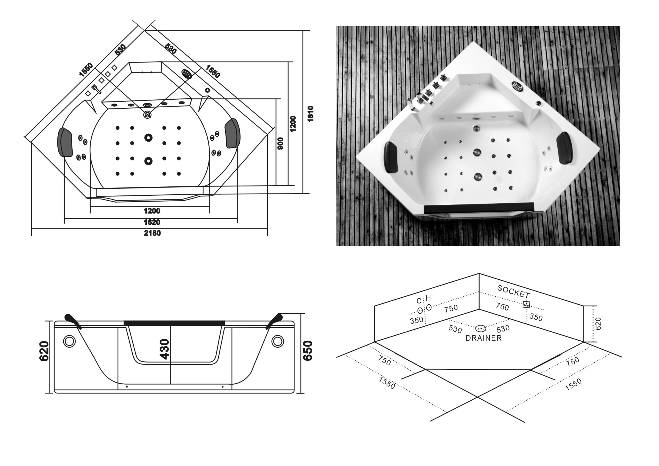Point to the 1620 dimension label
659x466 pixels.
point(152,222)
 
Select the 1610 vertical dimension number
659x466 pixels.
point(310,114)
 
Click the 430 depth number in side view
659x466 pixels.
point(165,349)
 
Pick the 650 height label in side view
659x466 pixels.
point(307,351)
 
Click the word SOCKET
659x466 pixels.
point(514,292)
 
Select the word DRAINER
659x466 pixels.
point(484,338)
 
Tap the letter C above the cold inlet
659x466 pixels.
point(419,301)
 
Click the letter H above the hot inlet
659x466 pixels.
point(429,298)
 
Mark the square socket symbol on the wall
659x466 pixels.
point(526,305)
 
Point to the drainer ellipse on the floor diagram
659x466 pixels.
point(481,329)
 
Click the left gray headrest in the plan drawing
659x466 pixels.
point(65,142)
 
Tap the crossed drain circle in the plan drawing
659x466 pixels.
point(147,115)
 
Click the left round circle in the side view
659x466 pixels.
point(69,341)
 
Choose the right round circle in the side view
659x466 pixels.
point(278,341)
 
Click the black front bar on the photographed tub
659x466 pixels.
point(479,207)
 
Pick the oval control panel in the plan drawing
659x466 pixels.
point(187,74)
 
